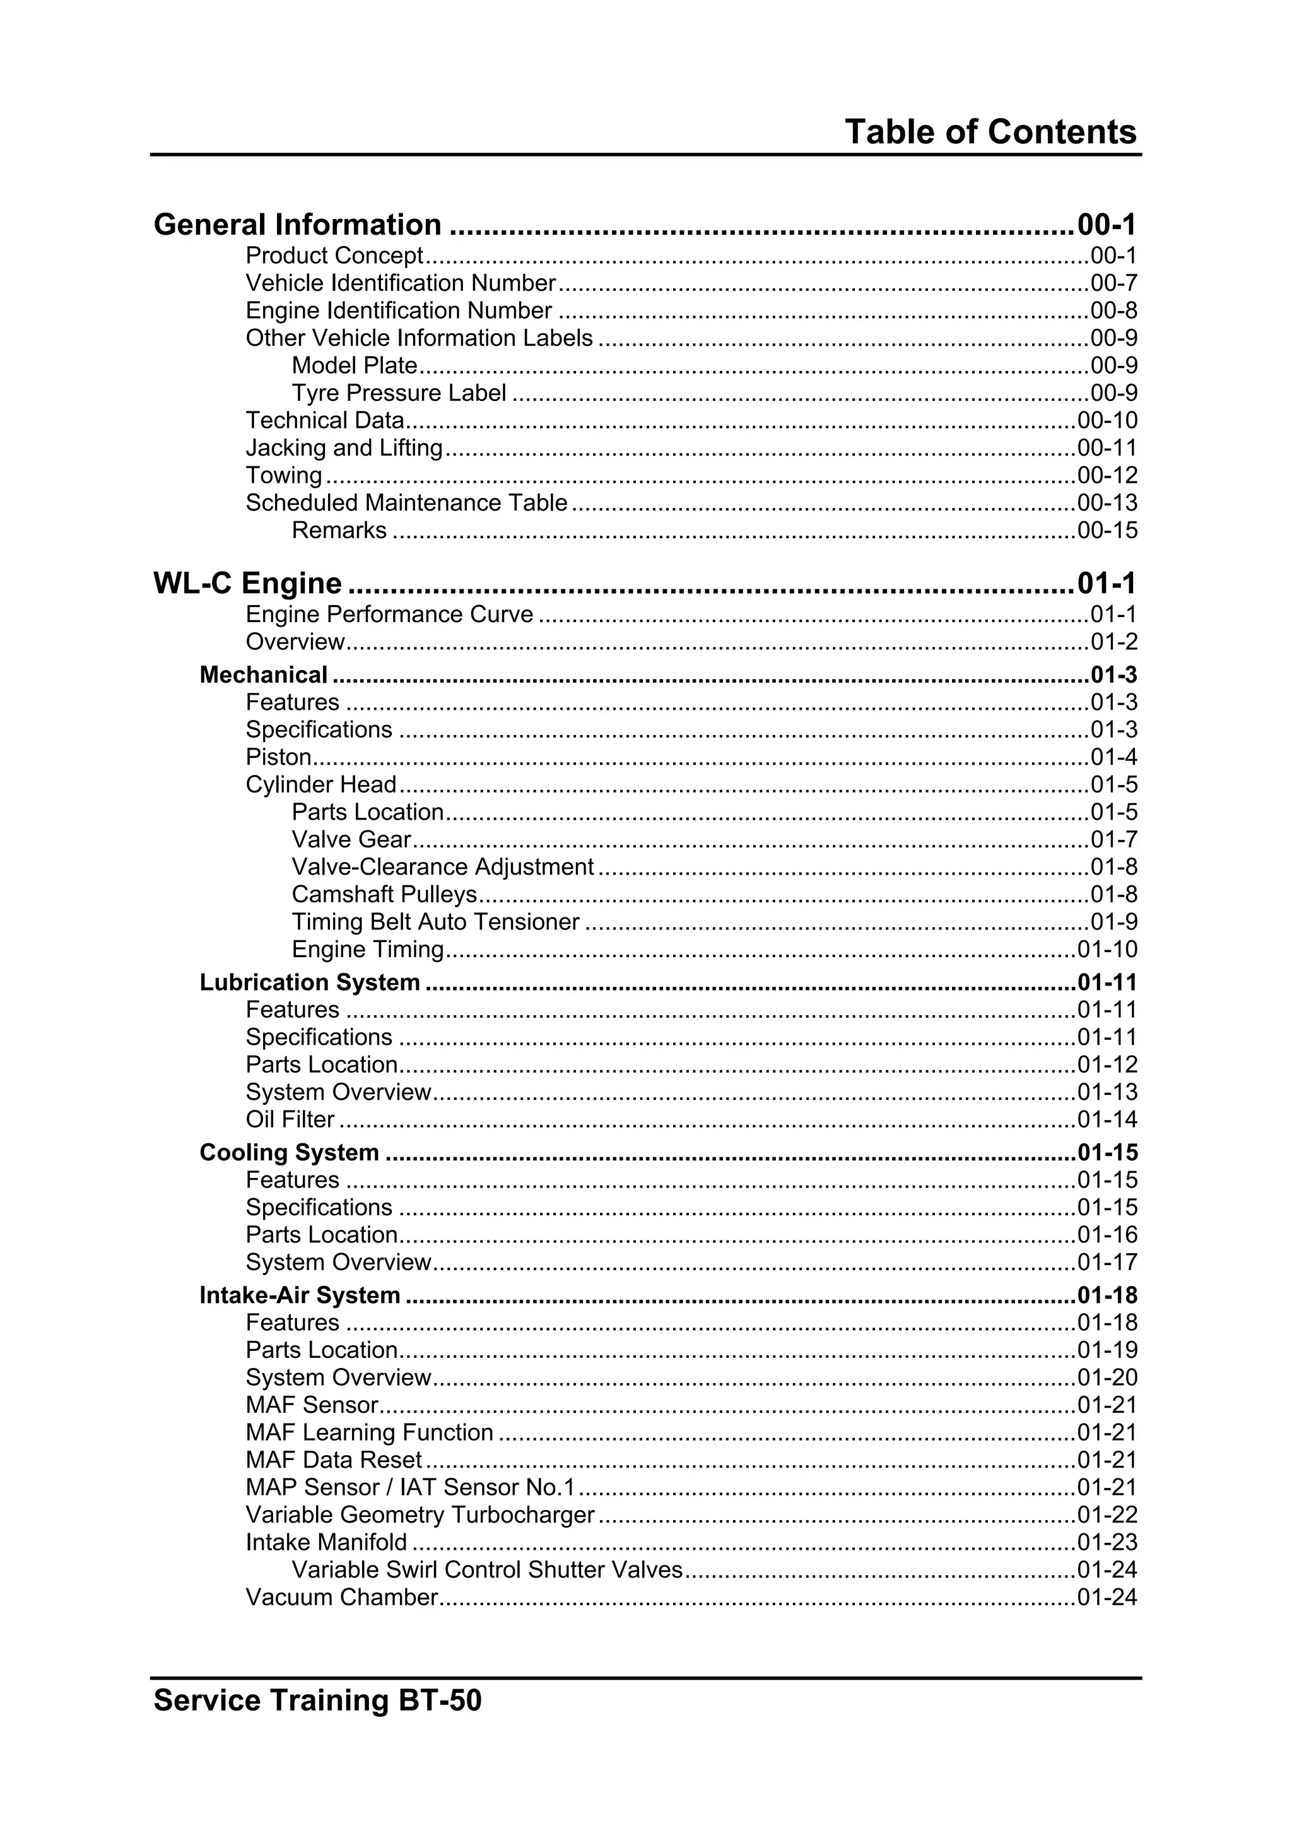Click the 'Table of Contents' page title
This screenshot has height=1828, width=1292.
[x=990, y=131]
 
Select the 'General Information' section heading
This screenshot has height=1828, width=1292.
[x=297, y=225]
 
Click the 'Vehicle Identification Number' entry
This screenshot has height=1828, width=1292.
[x=401, y=283]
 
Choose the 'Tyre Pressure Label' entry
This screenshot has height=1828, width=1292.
[x=399, y=393]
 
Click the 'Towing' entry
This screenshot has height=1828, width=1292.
[x=283, y=475]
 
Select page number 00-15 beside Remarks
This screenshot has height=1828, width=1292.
[x=1107, y=530]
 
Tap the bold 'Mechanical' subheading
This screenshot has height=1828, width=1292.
[x=264, y=675]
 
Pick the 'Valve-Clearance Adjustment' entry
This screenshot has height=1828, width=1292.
[x=443, y=867]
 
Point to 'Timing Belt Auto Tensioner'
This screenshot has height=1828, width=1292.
[x=435, y=922]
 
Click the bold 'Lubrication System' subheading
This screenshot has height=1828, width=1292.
[x=310, y=982]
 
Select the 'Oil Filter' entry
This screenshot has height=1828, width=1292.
[x=290, y=1119]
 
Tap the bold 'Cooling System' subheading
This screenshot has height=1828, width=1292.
[x=289, y=1153]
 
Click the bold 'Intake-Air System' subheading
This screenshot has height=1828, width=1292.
[x=299, y=1295]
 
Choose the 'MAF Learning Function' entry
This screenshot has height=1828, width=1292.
[x=370, y=1432]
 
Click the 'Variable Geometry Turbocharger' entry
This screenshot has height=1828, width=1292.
[x=420, y=1514]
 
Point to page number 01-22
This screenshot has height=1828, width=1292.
[x=1107, y=1514]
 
